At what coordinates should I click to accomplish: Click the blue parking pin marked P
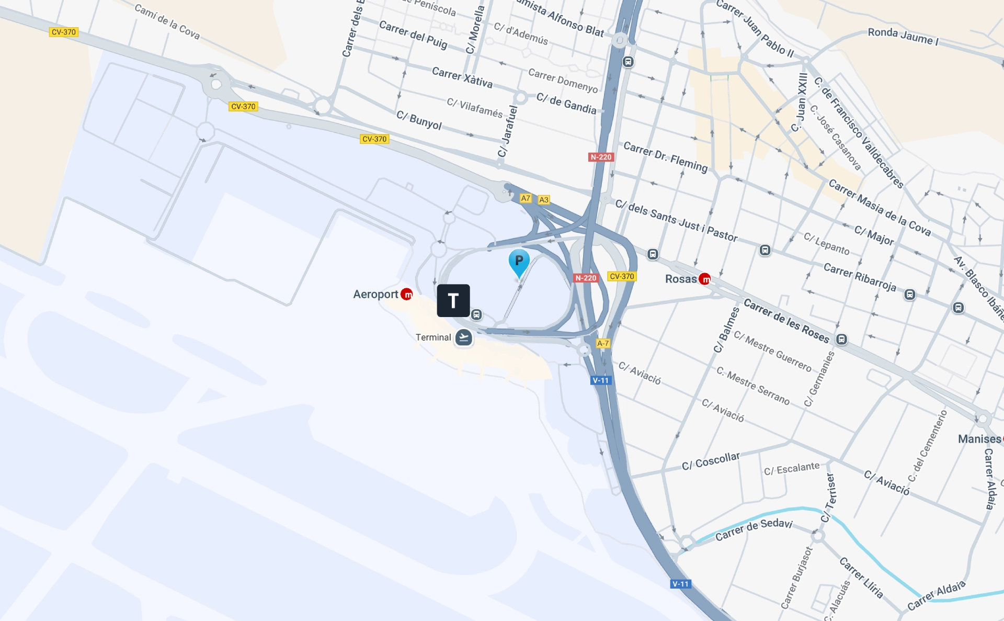coord(519,261)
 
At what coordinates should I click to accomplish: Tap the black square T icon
coord(453,301)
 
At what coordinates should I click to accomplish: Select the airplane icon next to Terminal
coord(463,337)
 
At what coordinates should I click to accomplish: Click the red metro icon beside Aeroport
coord(406,295)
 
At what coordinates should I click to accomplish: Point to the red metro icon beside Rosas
coord(705,279)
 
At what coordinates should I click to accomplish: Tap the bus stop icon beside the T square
coord(476,314)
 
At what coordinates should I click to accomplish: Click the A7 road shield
coord(526,198)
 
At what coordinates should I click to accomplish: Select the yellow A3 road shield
coord(544,200)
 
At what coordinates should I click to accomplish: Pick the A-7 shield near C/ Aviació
coord(603,343)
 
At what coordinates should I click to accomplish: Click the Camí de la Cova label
coord(167,21)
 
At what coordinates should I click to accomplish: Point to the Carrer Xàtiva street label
coord(462,77)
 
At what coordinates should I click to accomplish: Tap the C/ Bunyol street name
coord(419,120)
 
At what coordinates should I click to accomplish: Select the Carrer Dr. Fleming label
coord(665,156)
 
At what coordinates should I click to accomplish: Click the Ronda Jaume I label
coord(903,36)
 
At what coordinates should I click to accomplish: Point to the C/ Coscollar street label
coord(711,461)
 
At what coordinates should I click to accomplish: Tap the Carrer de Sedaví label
coord(754,529)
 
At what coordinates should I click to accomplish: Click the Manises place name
coord(979,439)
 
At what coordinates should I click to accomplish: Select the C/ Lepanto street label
coord(826,244)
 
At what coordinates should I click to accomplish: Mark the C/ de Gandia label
coord(566,103)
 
